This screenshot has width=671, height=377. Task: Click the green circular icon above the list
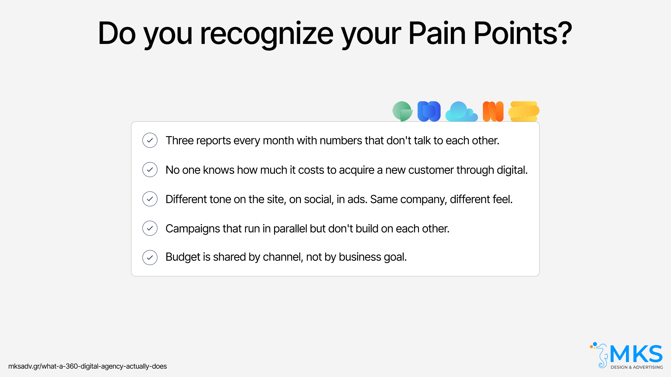click(x=402, y=111)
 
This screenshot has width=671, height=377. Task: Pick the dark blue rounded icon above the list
click(x=429, y=111)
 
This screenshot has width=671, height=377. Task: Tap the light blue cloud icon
click(x=461, y=112)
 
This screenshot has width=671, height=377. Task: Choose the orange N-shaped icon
click(x=493, y=111)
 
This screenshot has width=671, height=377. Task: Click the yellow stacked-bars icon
click(x=524, y=111)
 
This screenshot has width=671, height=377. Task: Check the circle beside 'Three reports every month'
click(x=150, y=140)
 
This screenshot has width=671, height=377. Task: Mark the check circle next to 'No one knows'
click(x=150, y=170)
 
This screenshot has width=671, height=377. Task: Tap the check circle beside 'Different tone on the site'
click(x=150, y=199)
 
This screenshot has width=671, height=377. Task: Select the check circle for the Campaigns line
click(x=150, y=228)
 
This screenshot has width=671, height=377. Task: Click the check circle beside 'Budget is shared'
click(x=150, y=258)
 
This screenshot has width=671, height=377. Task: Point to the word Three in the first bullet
click(x=180, y=140)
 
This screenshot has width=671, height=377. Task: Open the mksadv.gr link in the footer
click(x=87, y=366)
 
